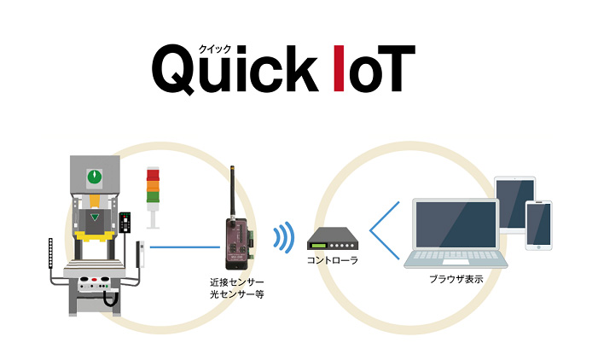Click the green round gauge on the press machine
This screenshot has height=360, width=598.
tap(94, 177)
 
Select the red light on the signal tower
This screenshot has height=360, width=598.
tap(154, 174)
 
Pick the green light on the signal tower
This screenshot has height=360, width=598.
tap(154, 196)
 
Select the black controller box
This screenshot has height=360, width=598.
tap(328, 238)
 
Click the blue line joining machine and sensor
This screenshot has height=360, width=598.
tap(184, 248)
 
